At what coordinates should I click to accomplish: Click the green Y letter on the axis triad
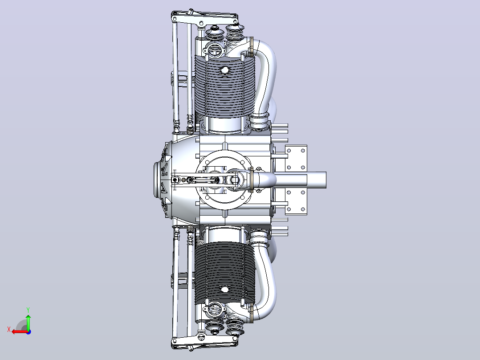pos(28,310)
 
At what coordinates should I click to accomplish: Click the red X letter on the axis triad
pos(9,329)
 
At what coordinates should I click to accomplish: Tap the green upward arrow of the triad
pos(28,322)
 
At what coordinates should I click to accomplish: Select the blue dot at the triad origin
pos(28,332)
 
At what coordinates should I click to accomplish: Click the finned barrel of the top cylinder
pos(224,87)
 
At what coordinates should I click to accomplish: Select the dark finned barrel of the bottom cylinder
pos(224,271)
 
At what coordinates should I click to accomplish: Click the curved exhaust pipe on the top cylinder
pos(264,80)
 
